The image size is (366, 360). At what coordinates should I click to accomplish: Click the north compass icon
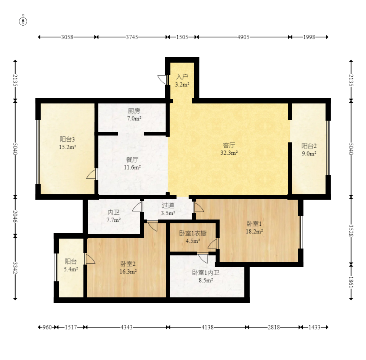point(23,21)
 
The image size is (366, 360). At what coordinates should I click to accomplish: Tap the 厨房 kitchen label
point(134,111)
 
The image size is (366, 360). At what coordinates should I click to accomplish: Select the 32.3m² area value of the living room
point(229,153)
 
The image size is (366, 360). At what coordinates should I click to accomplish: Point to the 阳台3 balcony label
point(67,140)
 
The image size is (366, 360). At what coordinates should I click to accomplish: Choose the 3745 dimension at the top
point(132,37)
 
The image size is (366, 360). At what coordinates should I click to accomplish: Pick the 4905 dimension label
point(243,37)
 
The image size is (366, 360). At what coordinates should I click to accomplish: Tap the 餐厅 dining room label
point(132,160)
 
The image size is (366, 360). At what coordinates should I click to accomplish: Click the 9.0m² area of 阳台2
point(309,153)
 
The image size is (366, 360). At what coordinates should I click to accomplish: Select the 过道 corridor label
point(168,205)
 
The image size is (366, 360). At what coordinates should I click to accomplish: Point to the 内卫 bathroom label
point(114,212)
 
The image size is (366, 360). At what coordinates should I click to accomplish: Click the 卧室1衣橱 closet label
point(193,233)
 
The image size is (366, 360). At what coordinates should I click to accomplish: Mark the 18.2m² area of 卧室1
point(254,231)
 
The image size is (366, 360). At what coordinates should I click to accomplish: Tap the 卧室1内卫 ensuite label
point(205,273)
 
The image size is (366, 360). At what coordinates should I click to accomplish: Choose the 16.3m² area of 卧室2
point(128,272)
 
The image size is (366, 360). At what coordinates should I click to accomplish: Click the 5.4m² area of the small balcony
point(71,269)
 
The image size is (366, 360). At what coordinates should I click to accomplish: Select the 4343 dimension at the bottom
point(127,327)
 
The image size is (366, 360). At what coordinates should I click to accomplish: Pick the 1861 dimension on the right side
point(351,282)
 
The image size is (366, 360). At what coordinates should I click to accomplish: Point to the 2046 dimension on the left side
point(15,216)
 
